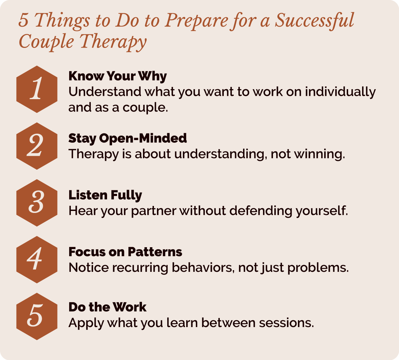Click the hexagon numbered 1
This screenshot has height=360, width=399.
tap(37, 89)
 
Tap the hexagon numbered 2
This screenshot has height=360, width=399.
tap(37, 146)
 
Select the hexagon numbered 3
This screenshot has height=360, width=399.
tap(37, 203)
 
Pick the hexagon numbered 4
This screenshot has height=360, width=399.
tap(37, 260)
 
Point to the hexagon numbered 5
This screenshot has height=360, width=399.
tap(37, 316)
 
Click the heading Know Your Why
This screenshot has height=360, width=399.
tap(117, 76)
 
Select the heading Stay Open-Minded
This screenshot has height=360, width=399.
tap(127, 138)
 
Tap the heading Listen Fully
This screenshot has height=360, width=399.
tap(105, 195)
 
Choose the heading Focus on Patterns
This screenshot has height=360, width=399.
tap(125, 252)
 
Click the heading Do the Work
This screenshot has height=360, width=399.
tap(107, 307)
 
